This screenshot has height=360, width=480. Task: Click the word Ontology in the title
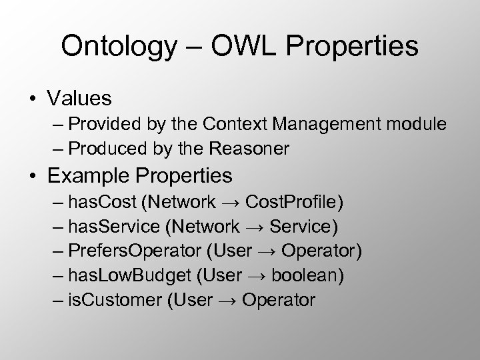tap(115, 46)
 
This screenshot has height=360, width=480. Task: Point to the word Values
tap(79, 99)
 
